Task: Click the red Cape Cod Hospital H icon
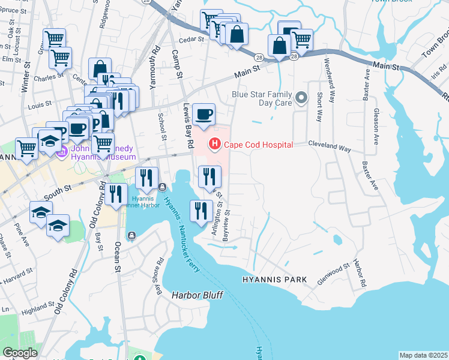point(213,144)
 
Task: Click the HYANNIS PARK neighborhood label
point(275,280)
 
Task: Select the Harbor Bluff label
point(197,295)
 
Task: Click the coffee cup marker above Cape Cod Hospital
point(204,114)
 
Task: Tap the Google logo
point(20,353)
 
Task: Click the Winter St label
point(26,79)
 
